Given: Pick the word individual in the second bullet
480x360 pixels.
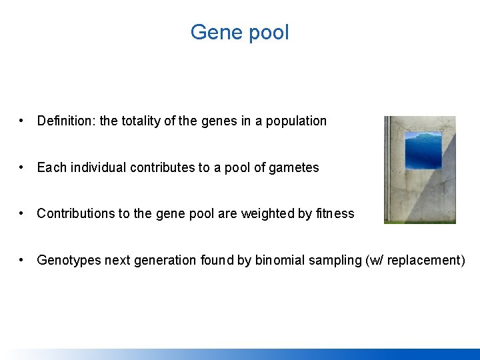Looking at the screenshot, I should point(98,167).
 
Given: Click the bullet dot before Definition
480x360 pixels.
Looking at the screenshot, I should point(23,121).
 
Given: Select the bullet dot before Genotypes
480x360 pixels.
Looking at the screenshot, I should point(23,260).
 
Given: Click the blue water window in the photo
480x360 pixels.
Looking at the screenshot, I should point(423,150).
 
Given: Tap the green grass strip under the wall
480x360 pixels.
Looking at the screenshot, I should point(420,221).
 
